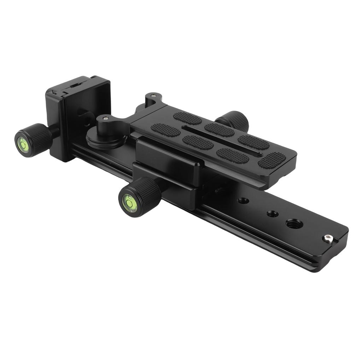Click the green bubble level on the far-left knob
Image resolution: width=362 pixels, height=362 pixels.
(24, 145)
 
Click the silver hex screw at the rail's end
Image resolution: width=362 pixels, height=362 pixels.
(327, 239)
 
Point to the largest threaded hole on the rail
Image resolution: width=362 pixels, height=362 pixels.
(294, 224)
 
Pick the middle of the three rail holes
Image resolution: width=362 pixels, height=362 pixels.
(272, 214)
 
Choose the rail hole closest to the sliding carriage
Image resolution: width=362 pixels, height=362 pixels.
(243, 201)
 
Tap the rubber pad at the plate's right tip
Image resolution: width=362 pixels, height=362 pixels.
(272, 160)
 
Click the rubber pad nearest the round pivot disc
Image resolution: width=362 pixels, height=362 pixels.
(165, 130)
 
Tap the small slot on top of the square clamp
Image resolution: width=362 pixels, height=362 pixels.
(75, 85)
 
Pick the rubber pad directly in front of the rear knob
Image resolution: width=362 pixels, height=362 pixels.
(220, 130)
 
